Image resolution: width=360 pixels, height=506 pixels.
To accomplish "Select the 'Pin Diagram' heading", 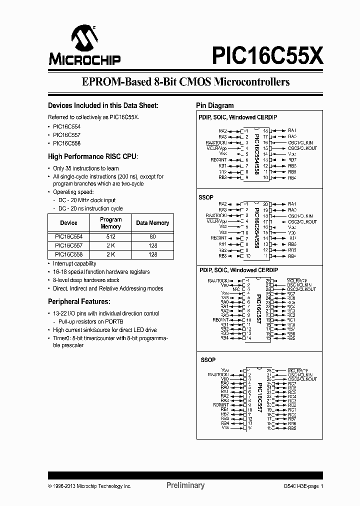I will coord(214,105).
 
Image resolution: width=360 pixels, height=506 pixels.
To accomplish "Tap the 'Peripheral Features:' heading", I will coord(78,302).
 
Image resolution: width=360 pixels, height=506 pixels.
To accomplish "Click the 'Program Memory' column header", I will coord(111,223).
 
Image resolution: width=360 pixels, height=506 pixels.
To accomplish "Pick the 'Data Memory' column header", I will coord(152,223).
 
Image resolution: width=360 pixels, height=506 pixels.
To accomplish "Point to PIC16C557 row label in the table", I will coord(68,246).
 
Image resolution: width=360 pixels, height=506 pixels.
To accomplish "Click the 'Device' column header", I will coord(68,223).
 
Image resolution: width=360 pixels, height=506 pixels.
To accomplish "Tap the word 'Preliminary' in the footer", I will coord(185,485).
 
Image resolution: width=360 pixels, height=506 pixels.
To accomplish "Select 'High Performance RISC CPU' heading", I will coord(92,156).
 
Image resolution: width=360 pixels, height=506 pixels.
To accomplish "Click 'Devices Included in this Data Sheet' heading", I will coord(103,105).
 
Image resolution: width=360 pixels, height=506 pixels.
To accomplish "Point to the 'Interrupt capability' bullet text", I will coord(74,263).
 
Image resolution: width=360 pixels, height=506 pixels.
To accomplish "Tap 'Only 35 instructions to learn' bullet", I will coord(86,168).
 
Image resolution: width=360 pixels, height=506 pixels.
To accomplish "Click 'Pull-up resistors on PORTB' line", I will coord(91,321).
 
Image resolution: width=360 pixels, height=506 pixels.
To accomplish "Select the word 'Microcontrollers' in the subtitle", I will coord(251,82).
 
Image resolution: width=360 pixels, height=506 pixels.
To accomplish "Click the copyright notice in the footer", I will coord(89,486).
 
